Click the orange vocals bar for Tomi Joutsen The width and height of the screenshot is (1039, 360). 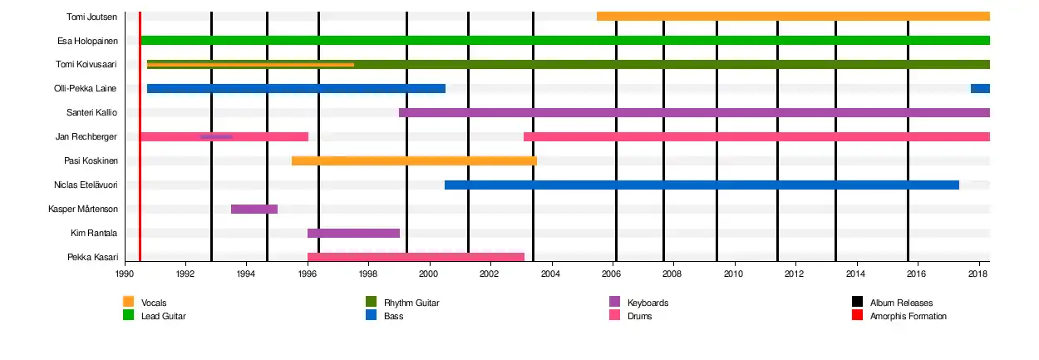[793, 17]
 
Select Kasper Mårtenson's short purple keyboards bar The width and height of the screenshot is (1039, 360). [254, 210]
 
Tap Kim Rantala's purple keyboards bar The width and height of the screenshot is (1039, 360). [353, 233]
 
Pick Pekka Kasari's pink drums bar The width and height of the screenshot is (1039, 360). [416, 257]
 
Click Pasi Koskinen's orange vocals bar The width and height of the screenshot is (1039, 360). [414, 161]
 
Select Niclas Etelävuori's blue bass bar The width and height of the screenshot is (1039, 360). [702, 185]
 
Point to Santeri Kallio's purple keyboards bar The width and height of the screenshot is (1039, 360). [694, 113]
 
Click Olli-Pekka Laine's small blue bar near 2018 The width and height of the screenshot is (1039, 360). [980, 89]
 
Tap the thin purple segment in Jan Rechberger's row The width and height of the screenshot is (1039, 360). [216, 137]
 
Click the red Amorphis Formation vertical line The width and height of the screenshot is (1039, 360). [140, 136]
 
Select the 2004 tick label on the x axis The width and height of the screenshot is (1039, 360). [550, 274]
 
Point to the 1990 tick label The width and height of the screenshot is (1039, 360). [125, 274]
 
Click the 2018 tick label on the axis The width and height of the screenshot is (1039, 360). [977, 274]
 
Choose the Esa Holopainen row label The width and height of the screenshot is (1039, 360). [87, 41]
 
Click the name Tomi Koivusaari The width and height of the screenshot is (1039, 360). [86, 65]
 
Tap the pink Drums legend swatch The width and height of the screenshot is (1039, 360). [614, 315]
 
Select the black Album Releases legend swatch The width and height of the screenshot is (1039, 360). [857, 302]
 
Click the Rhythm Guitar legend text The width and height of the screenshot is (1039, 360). [411, 303]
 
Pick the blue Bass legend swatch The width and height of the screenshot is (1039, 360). [371, 315]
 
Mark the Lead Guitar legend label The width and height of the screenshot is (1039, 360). [163, 317]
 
